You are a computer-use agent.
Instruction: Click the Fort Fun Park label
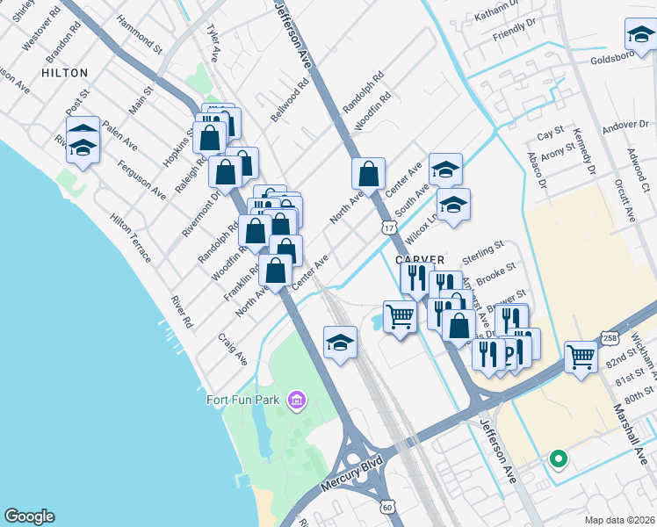coord(243,401)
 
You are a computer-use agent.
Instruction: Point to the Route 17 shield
coord(389,227)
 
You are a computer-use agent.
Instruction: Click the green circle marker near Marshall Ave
coord(557,458)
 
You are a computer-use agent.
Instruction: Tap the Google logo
coord(29,516)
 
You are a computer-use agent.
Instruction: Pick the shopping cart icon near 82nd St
coord(581,356)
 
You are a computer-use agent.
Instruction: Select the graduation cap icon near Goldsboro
coord(639,36)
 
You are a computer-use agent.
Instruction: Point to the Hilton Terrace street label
coord(130,237)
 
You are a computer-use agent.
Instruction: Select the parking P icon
coord(507,355)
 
